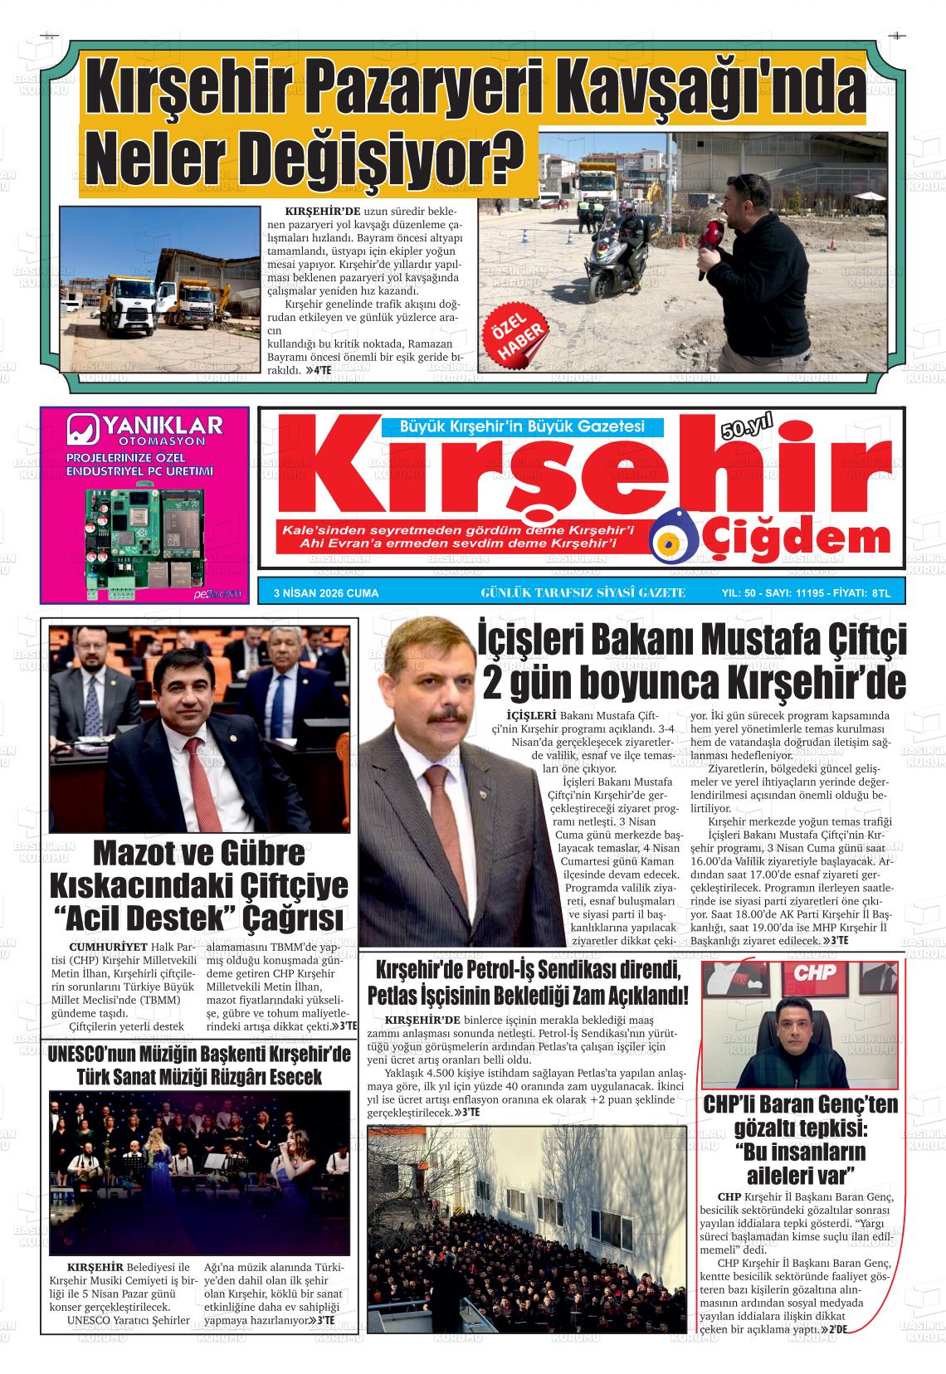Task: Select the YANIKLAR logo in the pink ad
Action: click(x=144, y=429)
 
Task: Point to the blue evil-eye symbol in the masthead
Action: click(x=672, y=544)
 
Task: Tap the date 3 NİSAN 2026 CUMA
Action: click(x=326, y=592)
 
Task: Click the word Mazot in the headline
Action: click(x=143, y=854)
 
